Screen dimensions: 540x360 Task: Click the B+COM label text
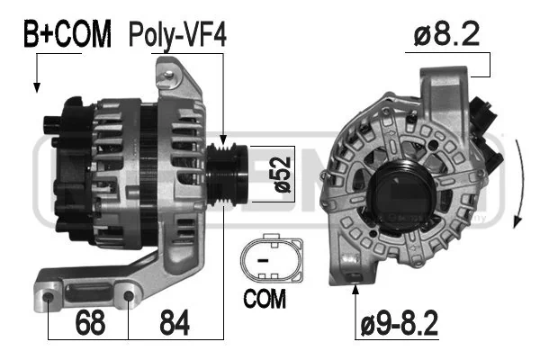tap(67, 33)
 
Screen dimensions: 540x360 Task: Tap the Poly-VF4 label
tap(177, 35)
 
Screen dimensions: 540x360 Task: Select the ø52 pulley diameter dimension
tap(282, 175)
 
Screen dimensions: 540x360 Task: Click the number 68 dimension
tap(90, 322)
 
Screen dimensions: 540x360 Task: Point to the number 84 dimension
tap(175, 322)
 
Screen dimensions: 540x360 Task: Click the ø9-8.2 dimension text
tap(399, 323)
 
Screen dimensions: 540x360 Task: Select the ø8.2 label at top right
tap(446, 34)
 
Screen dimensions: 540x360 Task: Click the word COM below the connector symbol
tap(265, 298)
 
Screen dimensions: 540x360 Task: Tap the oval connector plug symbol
tap(272, 258)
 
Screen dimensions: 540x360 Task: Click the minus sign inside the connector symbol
tap(263, 260)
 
